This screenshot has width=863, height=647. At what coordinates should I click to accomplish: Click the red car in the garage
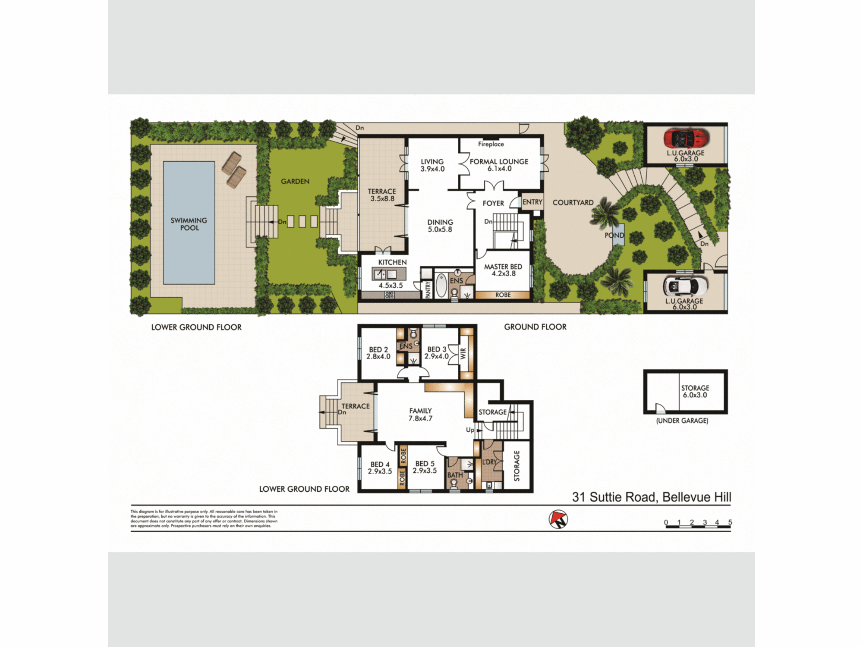coord(686,138)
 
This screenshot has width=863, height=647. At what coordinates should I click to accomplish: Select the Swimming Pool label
coord(189,224)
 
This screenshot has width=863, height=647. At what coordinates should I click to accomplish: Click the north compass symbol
coord(558,519)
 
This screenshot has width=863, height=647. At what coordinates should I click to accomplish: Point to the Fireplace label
coord(491,144)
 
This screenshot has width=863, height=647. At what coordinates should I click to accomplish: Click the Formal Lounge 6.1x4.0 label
coord(499,165)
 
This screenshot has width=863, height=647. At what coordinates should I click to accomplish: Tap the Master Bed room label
coord(503,270)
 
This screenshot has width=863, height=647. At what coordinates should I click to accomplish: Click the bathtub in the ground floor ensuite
coord(441,286)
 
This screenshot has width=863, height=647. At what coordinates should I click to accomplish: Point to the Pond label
coord(614,235)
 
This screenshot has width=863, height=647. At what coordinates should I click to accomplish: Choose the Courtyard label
coord(573,202)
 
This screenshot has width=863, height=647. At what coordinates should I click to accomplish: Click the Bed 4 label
coord(380,468)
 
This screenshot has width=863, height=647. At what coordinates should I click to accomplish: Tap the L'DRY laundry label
coord(489,462)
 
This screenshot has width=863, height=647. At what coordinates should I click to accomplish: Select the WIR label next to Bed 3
coord(463,354)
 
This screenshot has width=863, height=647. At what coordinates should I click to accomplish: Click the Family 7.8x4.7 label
coord(420,415)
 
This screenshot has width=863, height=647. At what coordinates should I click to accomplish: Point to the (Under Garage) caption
coord(682,421)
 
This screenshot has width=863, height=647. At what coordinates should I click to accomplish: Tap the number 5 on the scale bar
coord(730,522)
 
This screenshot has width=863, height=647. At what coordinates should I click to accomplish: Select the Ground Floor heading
coord(535,327)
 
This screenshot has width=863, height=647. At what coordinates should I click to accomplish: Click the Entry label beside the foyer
coord(532,202)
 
